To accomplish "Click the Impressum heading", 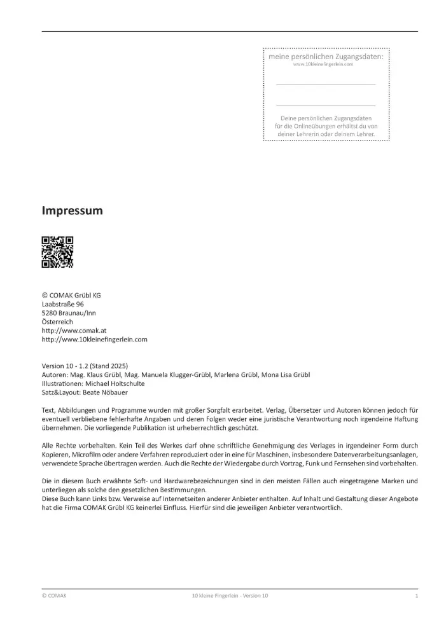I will pos(72,210).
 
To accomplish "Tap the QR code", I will pos(57,252).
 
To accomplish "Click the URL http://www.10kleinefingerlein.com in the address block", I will pos(94,340).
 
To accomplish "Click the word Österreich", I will pos(57,322).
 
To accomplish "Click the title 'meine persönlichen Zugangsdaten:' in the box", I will pos(326,57).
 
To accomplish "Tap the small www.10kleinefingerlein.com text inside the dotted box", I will pos(326,65).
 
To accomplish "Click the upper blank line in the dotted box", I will pos(326,84).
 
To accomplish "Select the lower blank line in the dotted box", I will pos(326,105).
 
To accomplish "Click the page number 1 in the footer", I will pos(416,596).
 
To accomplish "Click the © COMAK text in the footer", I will pos(53,596).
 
